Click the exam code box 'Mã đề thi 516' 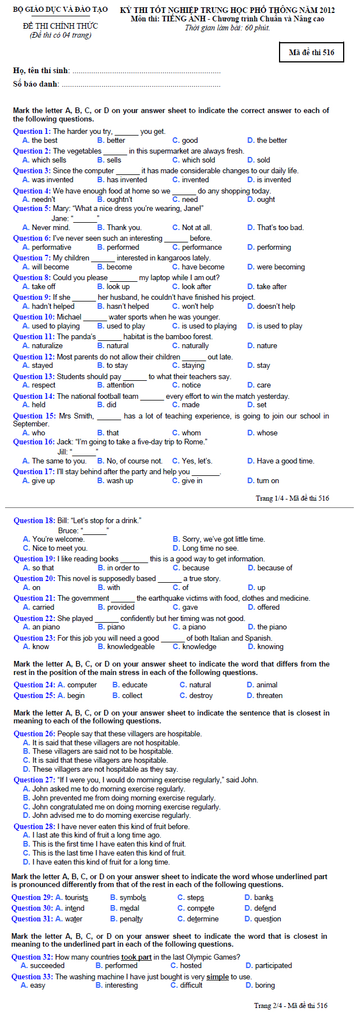coord(311,52)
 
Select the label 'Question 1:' coord(31,131)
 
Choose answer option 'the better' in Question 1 coord(272,140)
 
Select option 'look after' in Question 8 coord(196,286)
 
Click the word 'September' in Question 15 coord(31,424)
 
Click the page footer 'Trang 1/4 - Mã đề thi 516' coord(292,498)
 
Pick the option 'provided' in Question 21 coord(121,607)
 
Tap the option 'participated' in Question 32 coord(273,965)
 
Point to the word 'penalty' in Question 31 coord(130,919)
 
